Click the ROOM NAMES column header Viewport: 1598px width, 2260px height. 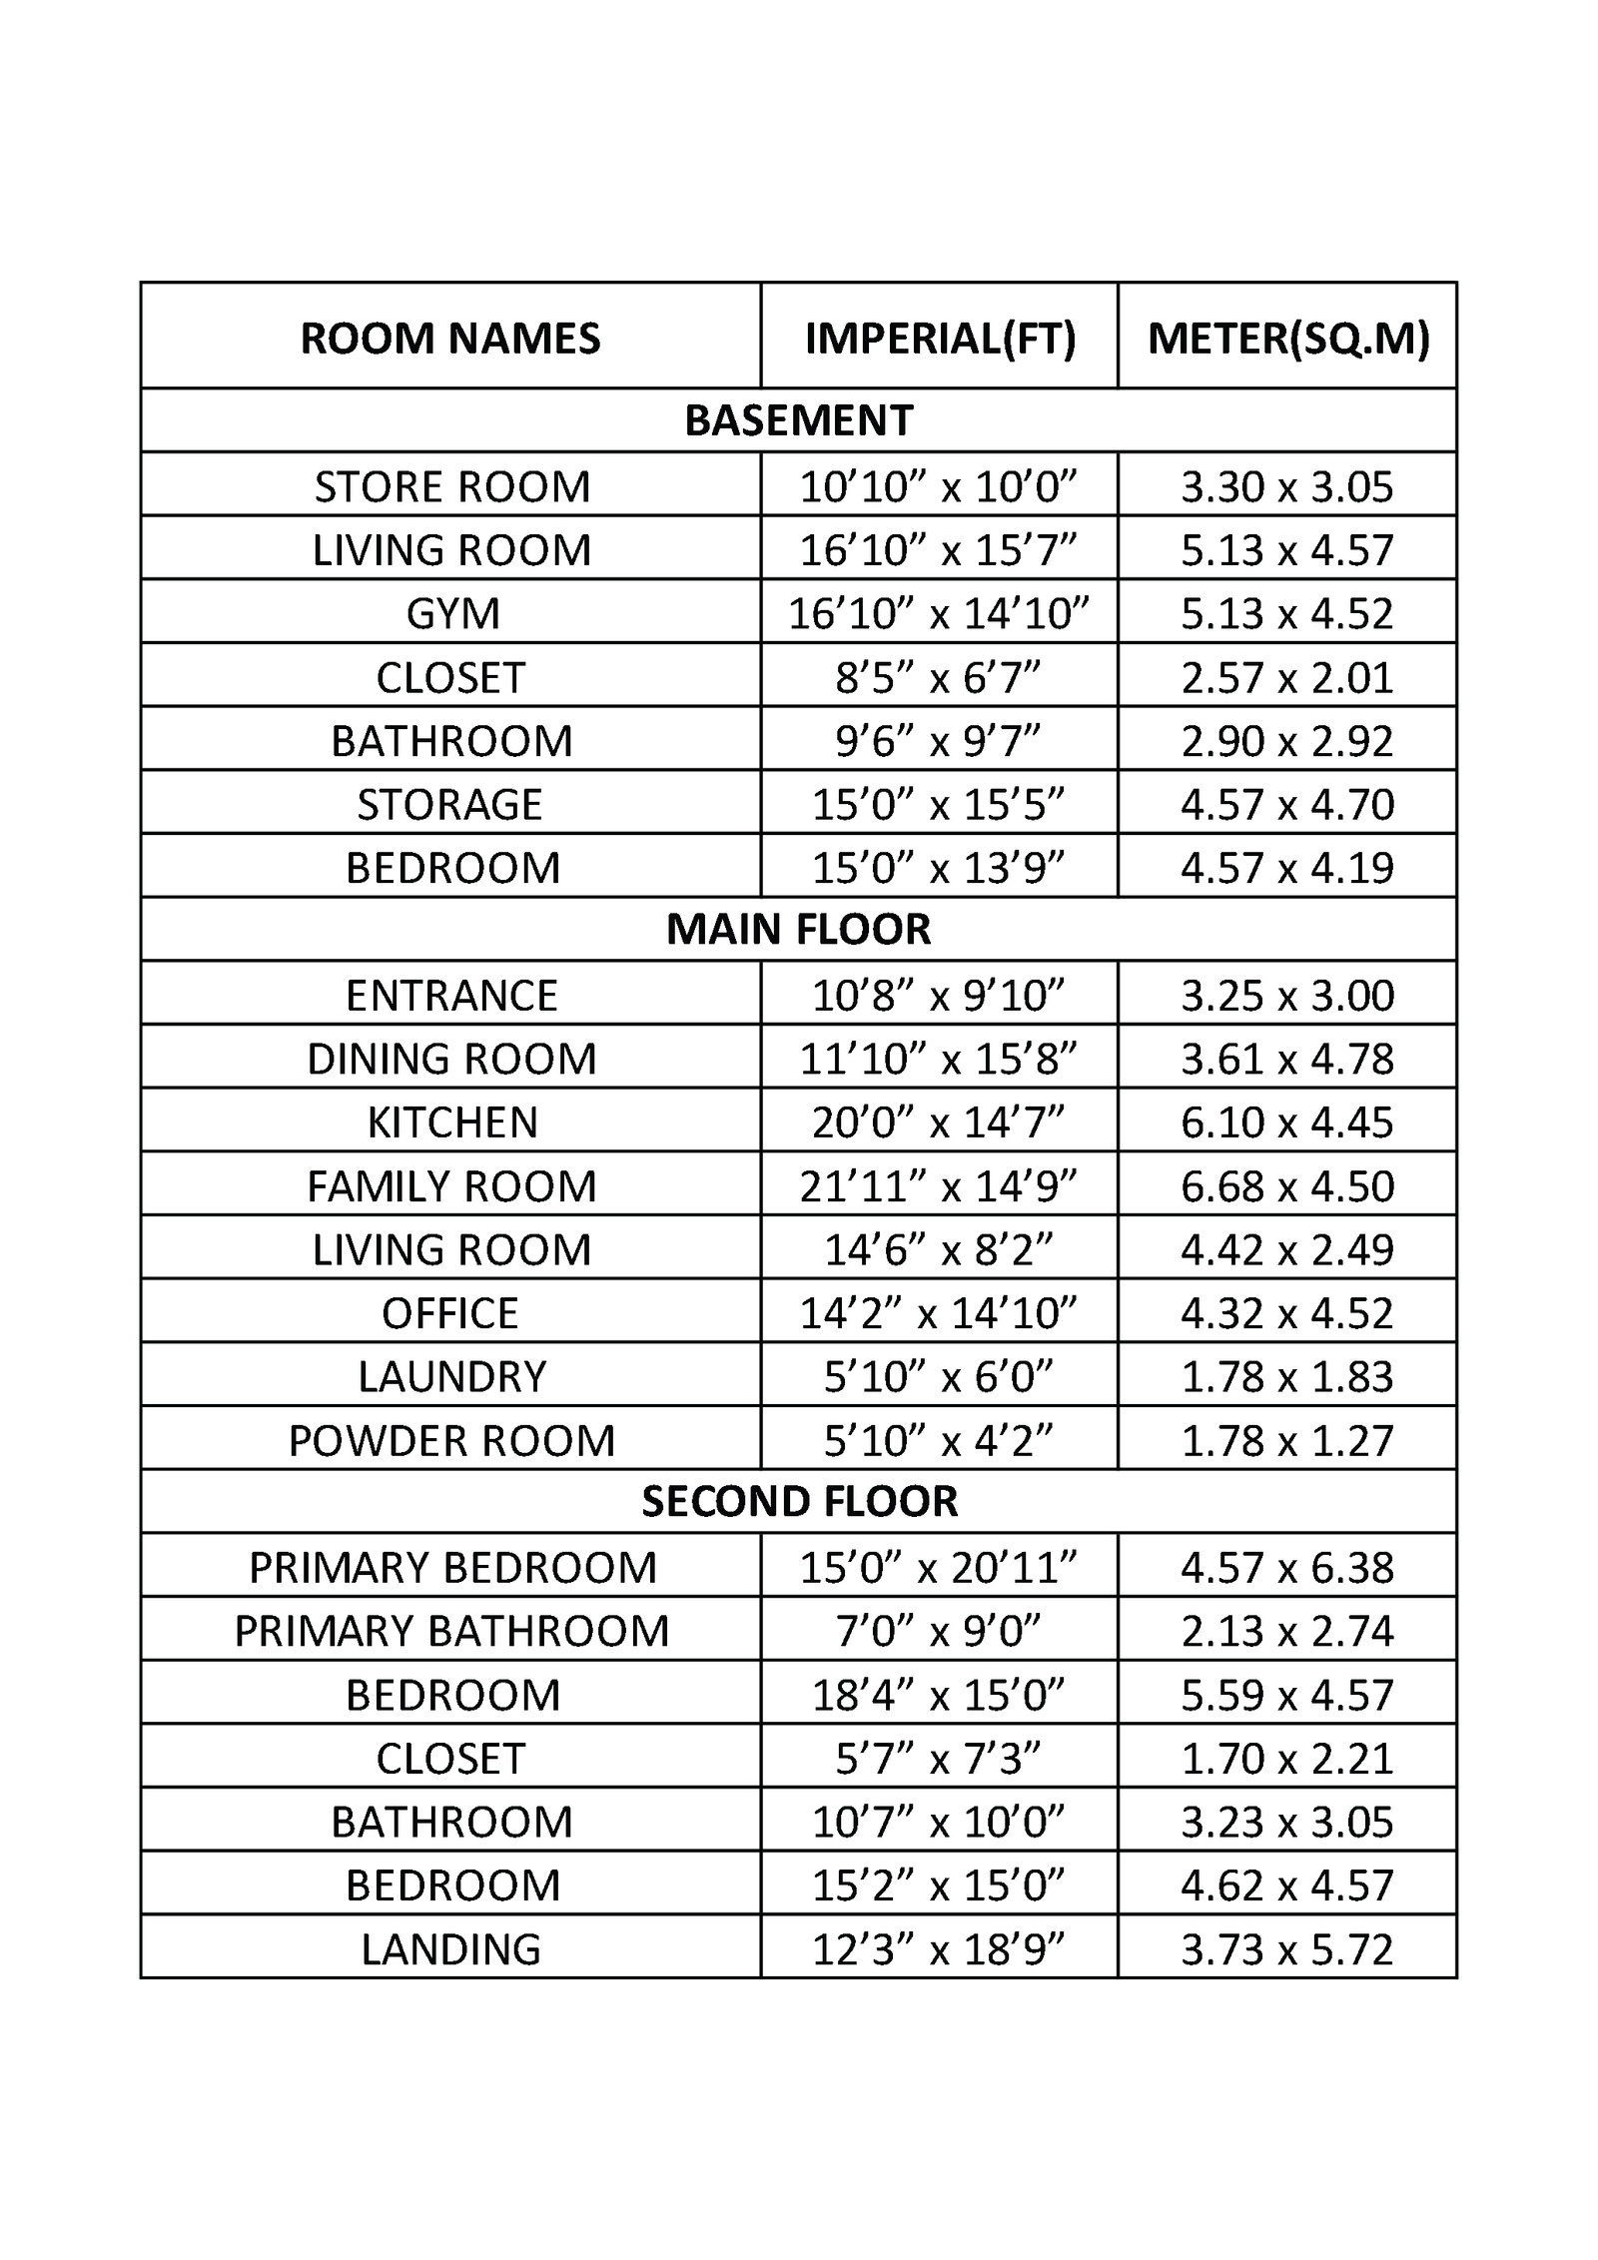450,338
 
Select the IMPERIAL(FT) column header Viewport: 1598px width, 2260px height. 940,338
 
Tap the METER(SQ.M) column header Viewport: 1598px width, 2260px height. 1288,338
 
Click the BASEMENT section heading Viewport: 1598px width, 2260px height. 799,420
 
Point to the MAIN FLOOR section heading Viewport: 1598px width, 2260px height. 799,929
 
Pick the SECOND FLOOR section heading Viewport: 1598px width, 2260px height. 799,1501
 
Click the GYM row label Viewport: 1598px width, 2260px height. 452,613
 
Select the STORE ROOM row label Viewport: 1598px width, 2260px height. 452,486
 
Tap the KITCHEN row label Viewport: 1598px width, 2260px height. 452,1123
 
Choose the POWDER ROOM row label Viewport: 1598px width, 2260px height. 452,1440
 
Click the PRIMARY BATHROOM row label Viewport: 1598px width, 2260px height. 452,1631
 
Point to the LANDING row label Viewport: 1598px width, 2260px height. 451,1948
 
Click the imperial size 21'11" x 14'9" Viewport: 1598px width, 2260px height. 939,1186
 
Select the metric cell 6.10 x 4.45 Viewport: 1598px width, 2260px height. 1287,1123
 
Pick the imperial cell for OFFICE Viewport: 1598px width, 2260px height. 939,1313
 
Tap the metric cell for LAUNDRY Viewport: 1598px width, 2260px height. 1287,1377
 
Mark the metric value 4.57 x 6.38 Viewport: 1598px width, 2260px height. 1287,1567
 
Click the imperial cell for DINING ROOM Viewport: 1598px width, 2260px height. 939,1059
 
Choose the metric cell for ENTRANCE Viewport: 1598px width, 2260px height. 1287,996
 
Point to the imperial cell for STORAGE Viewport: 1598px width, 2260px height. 939,804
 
